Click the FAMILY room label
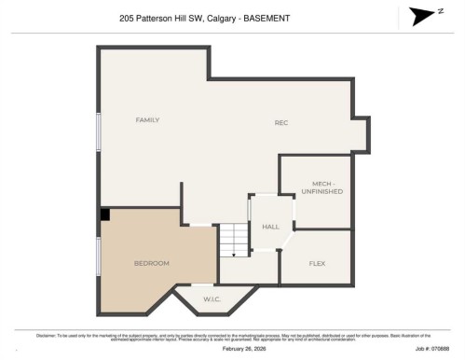pos(147,120)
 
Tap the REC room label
pos(281,123)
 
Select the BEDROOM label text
pos(151,264)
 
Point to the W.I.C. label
pos(212,299)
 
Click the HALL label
pos(270,227)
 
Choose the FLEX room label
pos(317,264)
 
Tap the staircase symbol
pos(234,240)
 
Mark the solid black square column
pos(105,215)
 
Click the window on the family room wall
pos(98,131)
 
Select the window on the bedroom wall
pos(98,262)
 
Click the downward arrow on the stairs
pos(234,253)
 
